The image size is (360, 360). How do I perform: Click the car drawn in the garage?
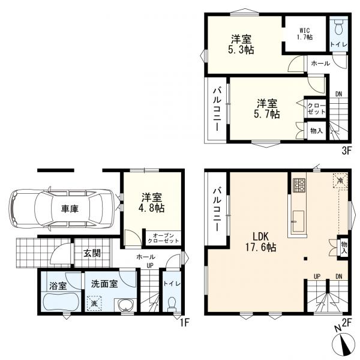62,209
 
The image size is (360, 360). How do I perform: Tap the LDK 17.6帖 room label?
261,242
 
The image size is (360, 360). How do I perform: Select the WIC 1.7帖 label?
305,34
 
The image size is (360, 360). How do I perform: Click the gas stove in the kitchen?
299,185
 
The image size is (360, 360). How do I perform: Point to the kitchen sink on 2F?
298,221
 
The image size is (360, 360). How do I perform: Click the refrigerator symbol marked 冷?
340,181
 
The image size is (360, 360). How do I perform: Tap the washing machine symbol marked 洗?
94,303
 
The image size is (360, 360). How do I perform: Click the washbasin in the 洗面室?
125,305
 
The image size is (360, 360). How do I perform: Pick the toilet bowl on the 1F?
172,304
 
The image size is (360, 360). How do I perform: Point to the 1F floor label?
184,323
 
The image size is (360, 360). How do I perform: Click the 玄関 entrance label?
92,253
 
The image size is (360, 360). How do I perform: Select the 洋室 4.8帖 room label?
152,203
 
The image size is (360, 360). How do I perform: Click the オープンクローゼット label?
163,238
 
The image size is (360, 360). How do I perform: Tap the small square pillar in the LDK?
305,259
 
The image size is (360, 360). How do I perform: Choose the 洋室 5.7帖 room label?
267,109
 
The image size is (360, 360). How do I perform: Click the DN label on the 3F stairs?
338,94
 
